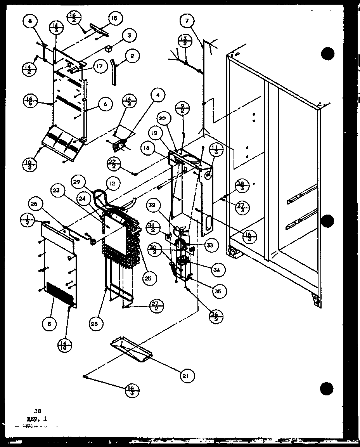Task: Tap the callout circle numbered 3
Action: pyautogui.click(x=129, y=36)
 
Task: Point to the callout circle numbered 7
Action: pyautogui.click(x=187, y=21)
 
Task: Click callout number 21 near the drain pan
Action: pyautogui.click(x=187, y=375)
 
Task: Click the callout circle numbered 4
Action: pyautogui.click(x=158, y=95)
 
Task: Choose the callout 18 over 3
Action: pyautogui.click(x=132, y=390)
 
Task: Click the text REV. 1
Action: pyautogui.click(x=36, y=418)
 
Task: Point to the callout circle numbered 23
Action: pyautogui.click(x=57, y=190)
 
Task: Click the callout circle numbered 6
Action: pyautogui.click(x=106, y=104)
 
